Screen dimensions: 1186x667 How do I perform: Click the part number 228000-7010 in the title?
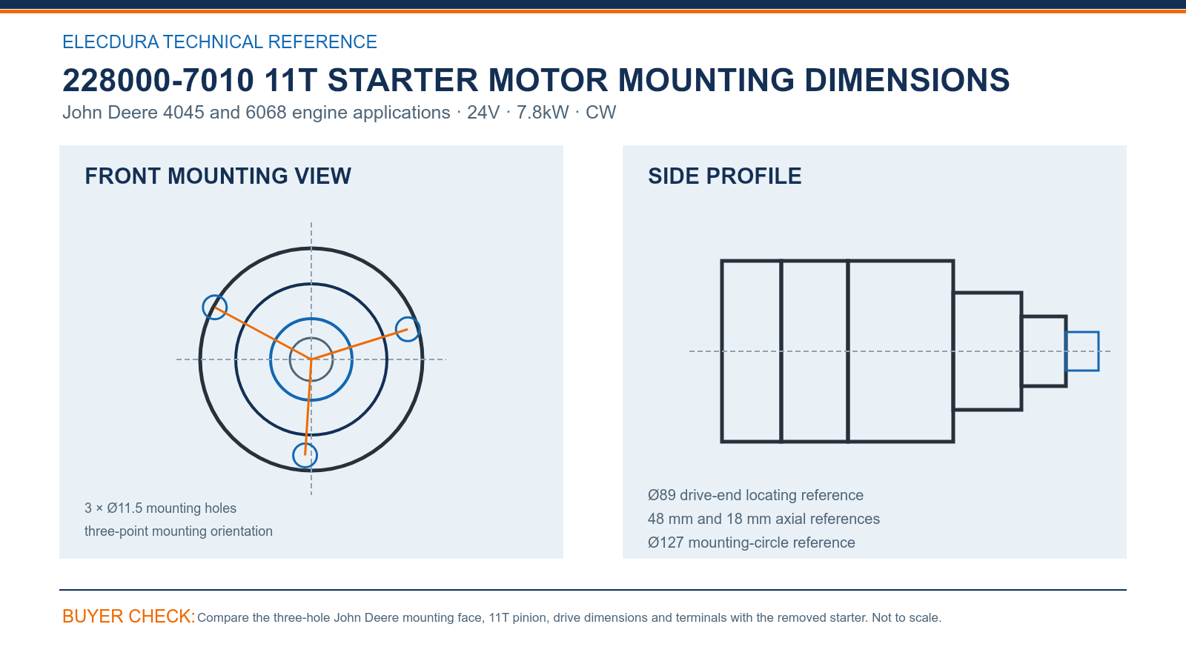coord(159,81)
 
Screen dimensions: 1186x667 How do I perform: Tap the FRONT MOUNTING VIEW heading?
coord(218,176)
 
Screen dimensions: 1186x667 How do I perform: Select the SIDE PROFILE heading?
coord(724,176)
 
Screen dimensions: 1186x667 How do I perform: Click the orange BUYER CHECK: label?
coord(129,616)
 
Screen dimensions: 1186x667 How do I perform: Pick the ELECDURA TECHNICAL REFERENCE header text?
coord(219,42)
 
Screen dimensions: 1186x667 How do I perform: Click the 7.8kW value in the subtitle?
coord(543,112)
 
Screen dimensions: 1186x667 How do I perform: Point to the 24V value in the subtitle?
coord(483,112)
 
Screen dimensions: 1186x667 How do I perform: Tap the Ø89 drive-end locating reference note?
coord(755,495)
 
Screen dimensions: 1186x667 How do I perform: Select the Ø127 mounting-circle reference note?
coord(752,542)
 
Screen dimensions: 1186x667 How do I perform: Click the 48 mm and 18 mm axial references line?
coord(763,519)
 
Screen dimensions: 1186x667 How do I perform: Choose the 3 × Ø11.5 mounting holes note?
coord(160,508)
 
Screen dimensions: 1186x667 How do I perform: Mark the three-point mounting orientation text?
coord(179,531)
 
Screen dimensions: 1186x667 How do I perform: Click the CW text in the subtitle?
coord(600,112)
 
